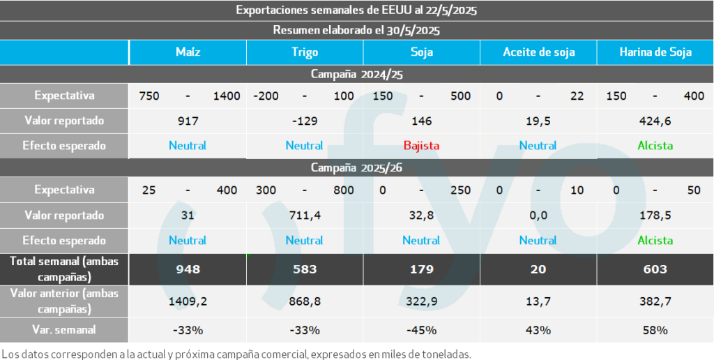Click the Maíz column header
point(188,52)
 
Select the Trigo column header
point(305,52)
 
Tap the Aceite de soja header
point(538,52)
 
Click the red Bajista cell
point(421,146)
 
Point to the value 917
point(188,121)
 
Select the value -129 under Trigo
point(305,121)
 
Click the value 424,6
point(655,121)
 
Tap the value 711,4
point(305,216)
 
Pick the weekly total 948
point(188,269)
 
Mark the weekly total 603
point(655,269)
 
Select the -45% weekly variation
point(421,329)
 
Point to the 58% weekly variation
point(655,329)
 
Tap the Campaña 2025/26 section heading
point(356,167)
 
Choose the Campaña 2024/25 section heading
point(356,73)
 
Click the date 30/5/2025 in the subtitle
point(415,30)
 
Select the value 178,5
point(655,216)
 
